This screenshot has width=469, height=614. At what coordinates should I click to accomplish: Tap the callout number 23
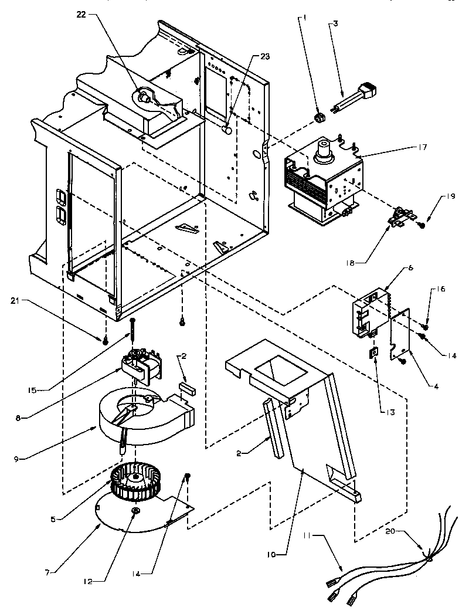[x=266, y=57]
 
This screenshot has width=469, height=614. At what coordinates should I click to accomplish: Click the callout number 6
[x=410, y=267]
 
